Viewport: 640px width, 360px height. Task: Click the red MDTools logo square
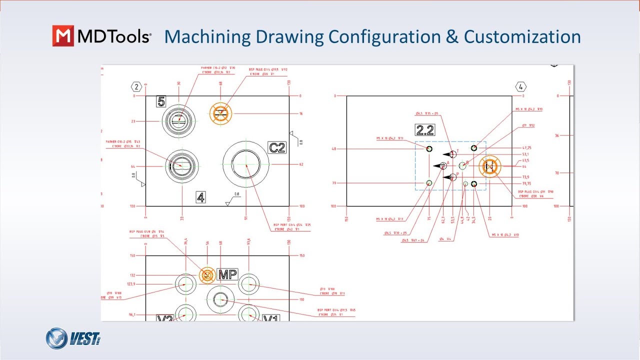click(63, 36)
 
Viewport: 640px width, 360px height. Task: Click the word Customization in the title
click(522, 36)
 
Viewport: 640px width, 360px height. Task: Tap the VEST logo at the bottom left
click(73, 338)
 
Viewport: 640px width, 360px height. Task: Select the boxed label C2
click(276, 147)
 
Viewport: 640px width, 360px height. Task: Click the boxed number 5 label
click(161, 101)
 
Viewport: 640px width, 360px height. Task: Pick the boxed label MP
click(227, 274)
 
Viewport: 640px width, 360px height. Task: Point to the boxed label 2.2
click(425, 130)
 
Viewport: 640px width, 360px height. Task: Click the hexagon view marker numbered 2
click(136, 87)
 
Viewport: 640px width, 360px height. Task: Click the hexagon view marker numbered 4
click(521, 87)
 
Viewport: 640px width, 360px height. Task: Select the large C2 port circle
click(246, 164)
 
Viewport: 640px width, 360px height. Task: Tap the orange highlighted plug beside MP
click(207, 274)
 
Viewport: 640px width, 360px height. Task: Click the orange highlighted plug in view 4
click(489, 166)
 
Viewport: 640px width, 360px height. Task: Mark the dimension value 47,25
click(526, 148)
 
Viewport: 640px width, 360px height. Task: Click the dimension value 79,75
click(526, 183)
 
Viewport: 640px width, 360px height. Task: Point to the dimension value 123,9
click(132, 284)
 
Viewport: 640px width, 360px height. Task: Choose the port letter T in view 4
click(457, 151)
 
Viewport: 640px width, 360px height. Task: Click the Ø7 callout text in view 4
click(529, 125)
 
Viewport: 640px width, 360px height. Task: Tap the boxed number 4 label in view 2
click(200, 197)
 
